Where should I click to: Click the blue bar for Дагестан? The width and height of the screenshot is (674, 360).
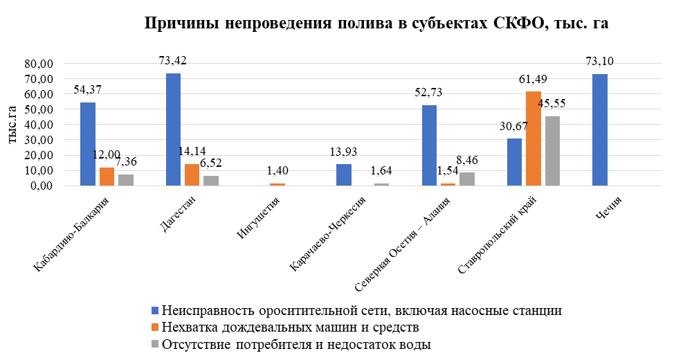[x=173, y=129]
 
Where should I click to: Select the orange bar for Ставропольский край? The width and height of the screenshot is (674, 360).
[x=533, y=138]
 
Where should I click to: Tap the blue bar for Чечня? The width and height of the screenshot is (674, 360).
[x=600, y=130]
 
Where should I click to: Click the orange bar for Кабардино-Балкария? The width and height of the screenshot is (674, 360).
[x=107, y=177]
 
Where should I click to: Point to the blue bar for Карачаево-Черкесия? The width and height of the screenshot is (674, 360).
[x=344, y=174]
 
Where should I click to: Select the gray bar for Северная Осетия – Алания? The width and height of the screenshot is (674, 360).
[x=467, y=179]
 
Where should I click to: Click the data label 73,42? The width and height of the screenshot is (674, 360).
[x=173, y=60]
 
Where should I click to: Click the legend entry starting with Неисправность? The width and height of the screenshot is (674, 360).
[x=360, y=309]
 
